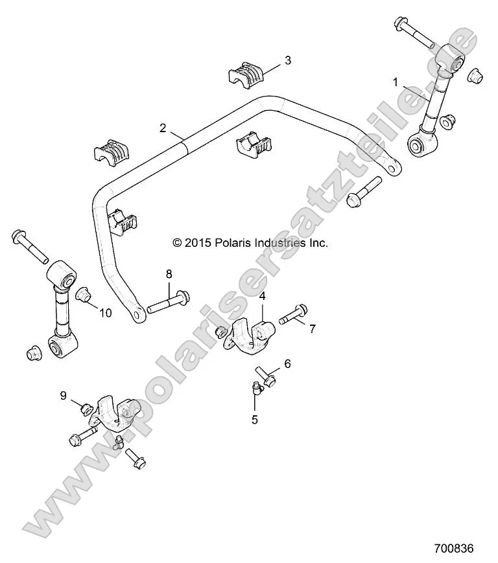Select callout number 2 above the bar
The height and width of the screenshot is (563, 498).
pyautogui.click(x=163, y=128)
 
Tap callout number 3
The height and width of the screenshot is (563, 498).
pyautogui.click(x=287, y=61)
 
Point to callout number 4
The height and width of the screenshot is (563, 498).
pyautogui.click(x=263, y=296)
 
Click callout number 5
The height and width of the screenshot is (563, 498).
pyautogui.click(x=255, y=419)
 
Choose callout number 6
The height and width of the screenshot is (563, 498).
pyautogui.click(x=287, y=363)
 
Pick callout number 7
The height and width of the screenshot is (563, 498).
pyautogui.click(x=312, y=329)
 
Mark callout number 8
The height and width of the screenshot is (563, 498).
pyautogui.click(x=169, y=274)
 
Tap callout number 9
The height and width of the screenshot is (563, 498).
pyautogui.click(x=64, y=395)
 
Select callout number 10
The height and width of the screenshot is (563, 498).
pyautogui.click(x=105, y=313)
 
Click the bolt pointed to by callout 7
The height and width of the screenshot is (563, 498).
pyautogui.click(x=293, y=314)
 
